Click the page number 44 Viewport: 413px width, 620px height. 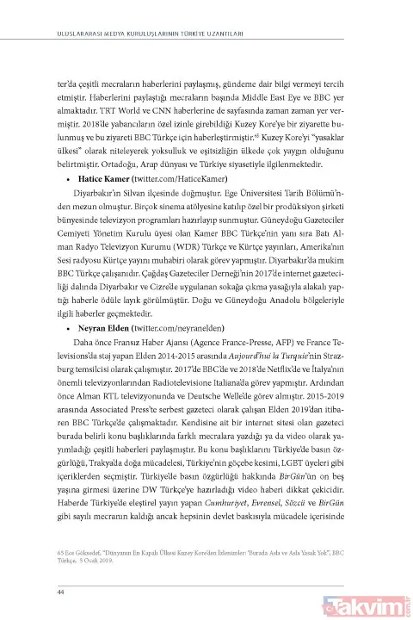coord(36,567)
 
